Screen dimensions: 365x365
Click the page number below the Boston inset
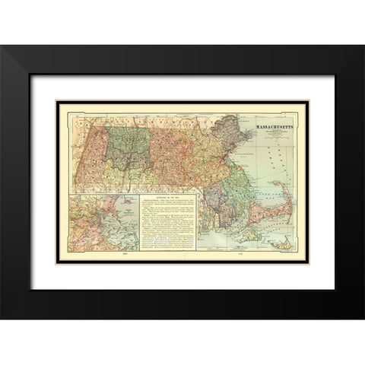point(103,259)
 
